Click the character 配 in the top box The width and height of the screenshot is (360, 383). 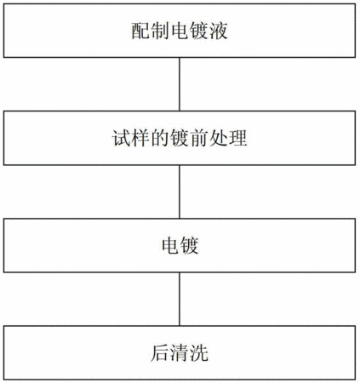coord(140,31)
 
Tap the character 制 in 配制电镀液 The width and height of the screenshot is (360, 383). coord(160,31)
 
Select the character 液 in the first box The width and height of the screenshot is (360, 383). coord(219,31)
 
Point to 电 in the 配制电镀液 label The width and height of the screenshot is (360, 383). coord(180,31)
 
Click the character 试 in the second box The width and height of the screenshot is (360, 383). coord(121,138)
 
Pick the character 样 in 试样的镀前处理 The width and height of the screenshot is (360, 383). coord(140,138)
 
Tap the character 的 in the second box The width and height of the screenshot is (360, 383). coord(160,138)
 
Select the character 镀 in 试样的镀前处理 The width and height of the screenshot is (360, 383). coord(180,138)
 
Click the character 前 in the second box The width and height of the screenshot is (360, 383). coord(199,138)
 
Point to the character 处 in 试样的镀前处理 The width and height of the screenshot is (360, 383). coord(219,138)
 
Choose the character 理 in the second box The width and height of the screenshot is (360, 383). coord(237,138)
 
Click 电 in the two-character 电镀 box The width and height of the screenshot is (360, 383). coord(170,245)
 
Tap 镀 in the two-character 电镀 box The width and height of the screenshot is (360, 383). coord(189,245)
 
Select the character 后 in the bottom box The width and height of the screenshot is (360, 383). coord(160,353)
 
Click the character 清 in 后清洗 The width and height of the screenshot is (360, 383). coord(180,353)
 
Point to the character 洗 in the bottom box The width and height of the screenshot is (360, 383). coord(199,353)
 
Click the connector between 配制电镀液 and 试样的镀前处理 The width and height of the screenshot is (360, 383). coord(180,84)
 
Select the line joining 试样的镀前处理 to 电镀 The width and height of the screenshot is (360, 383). coord(180,191)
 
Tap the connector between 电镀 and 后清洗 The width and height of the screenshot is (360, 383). coord(180,299)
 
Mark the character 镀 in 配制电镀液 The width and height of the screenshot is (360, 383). coord(199,31)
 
